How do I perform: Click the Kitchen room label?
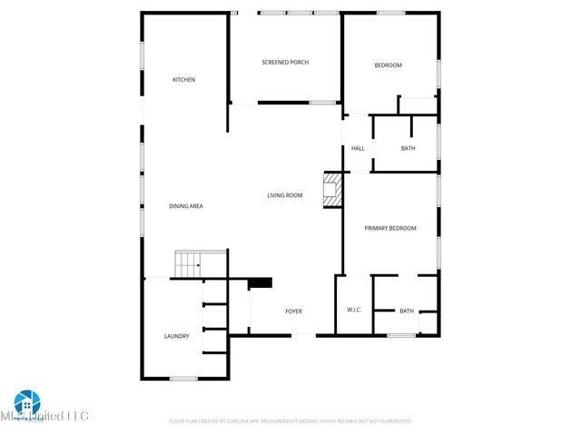(x=184, y=80)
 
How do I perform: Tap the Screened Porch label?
(x=285, y=62)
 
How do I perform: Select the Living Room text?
(x=284, y=195)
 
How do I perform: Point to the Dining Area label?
(x=186, y=206)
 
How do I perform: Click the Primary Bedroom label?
(x=390, y=228)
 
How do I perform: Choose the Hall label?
(x=358, y=148)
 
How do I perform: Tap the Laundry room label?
(x=177, y=336)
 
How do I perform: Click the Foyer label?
(x=293, y=312)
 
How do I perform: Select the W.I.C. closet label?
(x=354, y=311)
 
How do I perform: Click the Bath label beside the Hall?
(x=409, y=148)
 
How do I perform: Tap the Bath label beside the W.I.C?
(x=407, y=311)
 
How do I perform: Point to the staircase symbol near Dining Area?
(x=188, y=265)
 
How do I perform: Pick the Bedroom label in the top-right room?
(x=389, y=65)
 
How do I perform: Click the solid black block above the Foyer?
(x=261, y=282)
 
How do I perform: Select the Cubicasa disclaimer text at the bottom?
(x=290, y=421)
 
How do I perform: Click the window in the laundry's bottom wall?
(x=184, y=378)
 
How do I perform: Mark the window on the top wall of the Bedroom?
(x=390, y=13)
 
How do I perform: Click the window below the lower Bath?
(x=401, y=336)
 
